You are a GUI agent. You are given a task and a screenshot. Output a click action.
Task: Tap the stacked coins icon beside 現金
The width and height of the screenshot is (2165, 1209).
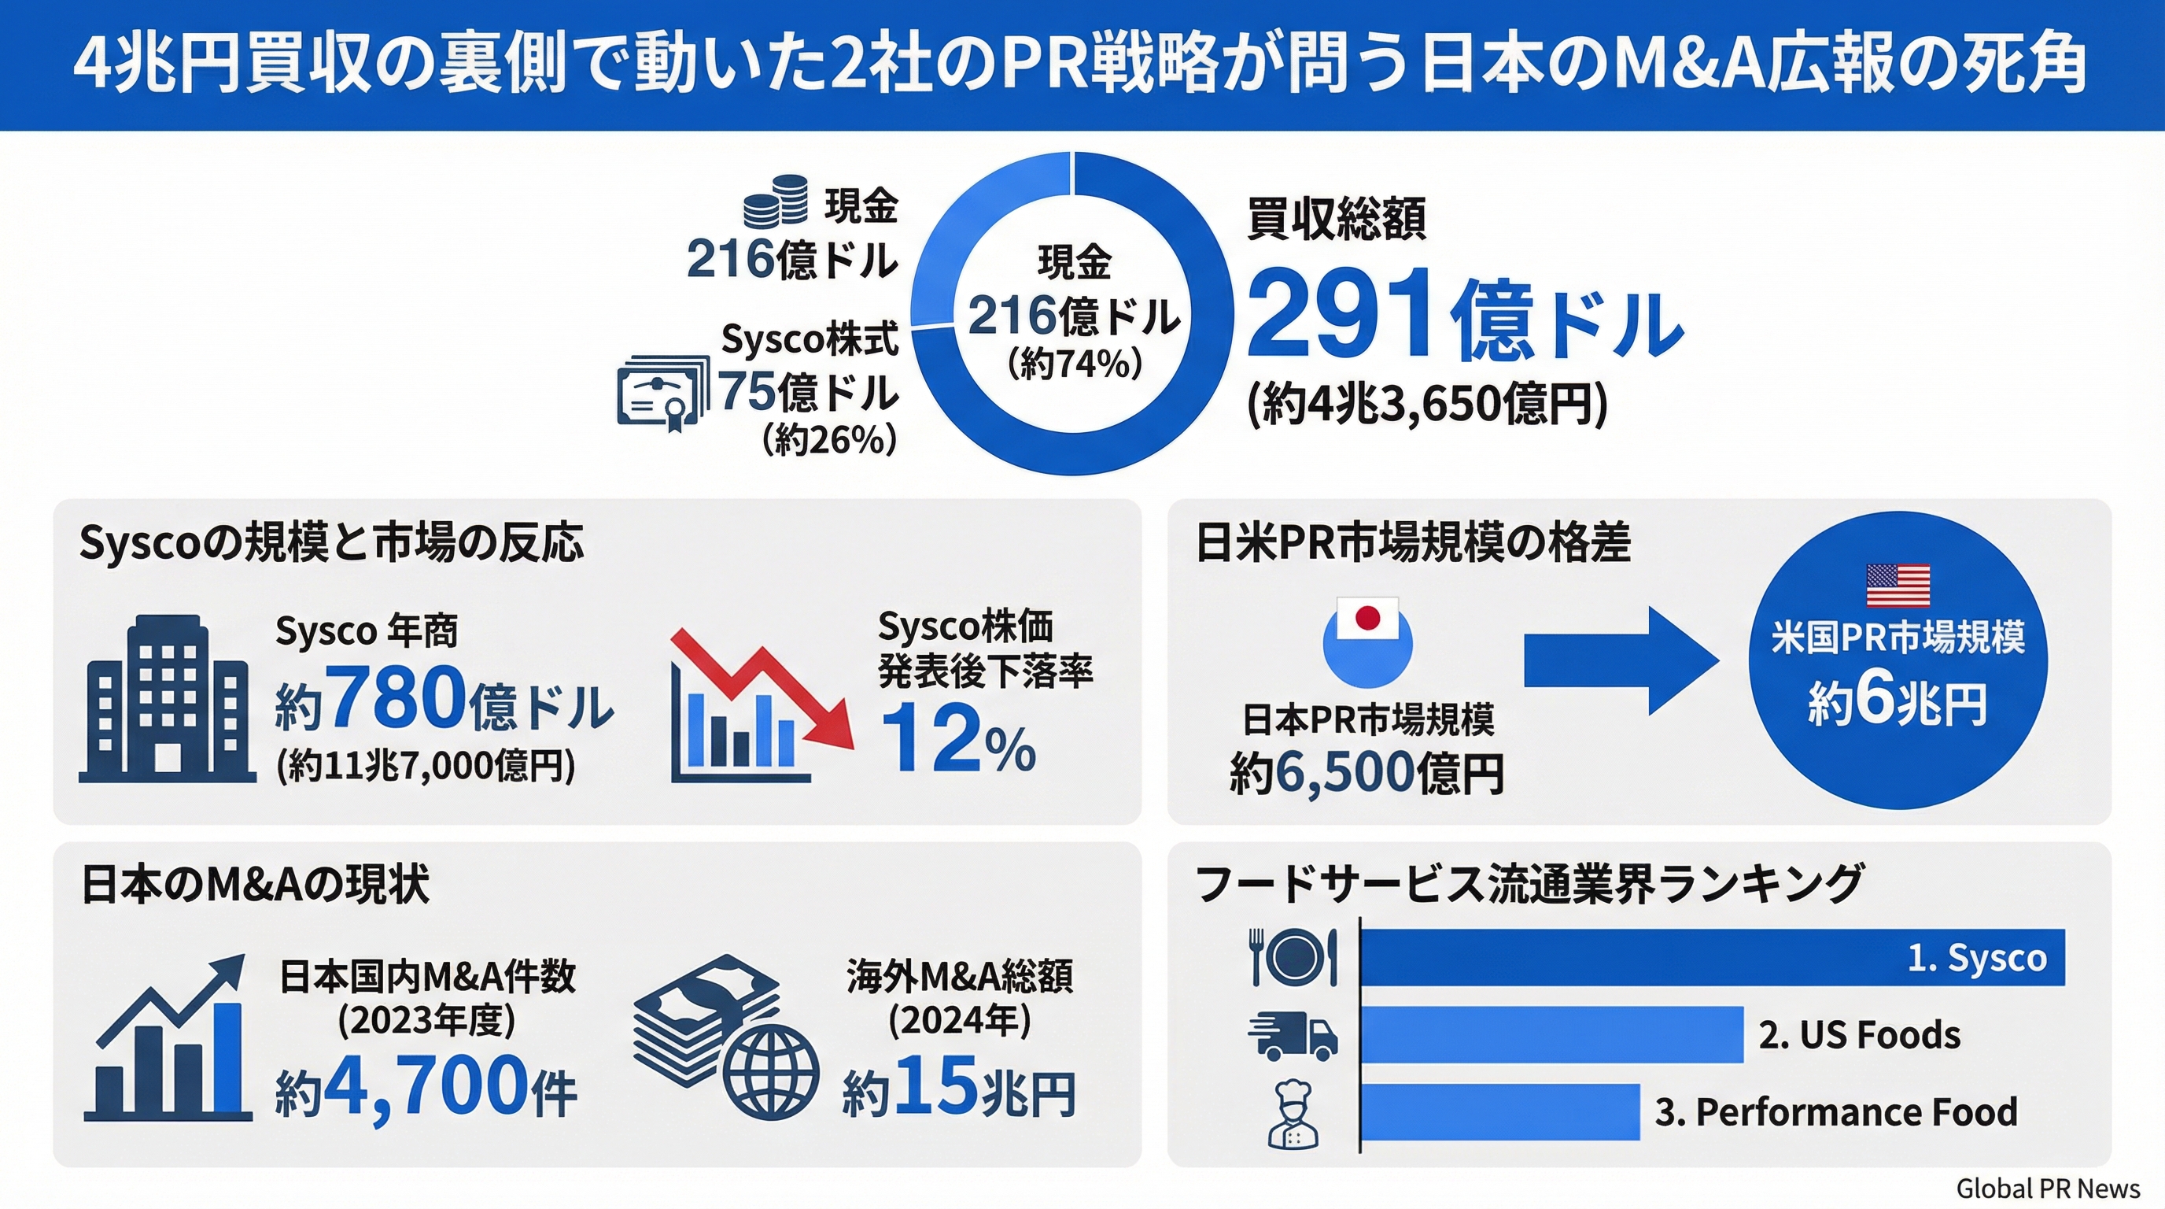click(775, 201)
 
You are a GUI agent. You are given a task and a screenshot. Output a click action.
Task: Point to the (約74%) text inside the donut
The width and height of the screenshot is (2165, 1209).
click(1074, 363)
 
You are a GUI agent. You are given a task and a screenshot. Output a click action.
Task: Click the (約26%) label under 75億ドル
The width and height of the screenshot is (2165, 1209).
click(828, 439)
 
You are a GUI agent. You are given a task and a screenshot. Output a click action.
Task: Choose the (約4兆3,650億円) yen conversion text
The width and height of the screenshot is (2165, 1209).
click(1426, 405)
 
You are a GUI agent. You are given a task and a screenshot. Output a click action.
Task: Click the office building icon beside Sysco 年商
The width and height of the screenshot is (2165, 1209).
click(168, 700)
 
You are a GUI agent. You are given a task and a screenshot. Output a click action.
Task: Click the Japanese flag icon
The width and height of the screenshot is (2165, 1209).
click(1367, 619)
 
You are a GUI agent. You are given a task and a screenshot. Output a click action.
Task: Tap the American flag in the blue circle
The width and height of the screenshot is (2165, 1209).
click(1898, 585)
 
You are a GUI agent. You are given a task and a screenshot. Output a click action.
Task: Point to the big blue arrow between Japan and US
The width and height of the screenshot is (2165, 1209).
click(1619, 660)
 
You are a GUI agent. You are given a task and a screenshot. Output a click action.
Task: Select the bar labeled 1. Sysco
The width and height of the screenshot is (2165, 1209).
click(1711, 958)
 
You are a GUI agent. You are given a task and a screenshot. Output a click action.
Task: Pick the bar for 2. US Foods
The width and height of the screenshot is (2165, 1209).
click(1551, 1034)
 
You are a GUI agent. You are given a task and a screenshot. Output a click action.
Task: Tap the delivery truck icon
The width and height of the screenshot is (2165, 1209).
click(1292, 1036)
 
